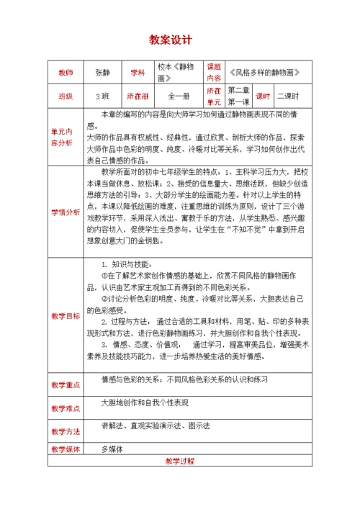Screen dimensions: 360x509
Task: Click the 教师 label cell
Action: pos(66,73)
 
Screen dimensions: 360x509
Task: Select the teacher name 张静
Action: pos(102,73)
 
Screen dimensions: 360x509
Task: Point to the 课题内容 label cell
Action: pos(215,73)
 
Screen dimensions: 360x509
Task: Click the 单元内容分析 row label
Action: pos(66,138)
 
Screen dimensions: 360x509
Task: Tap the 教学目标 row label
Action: pos(66,315)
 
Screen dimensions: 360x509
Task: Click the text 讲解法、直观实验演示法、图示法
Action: pos(156,426)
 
